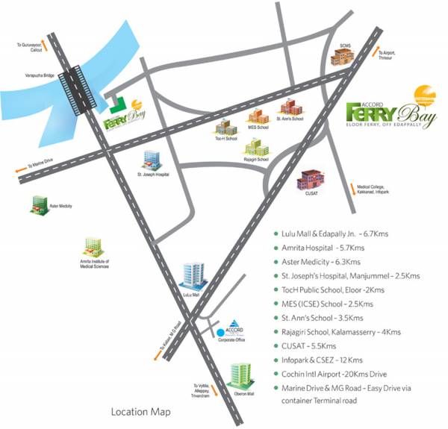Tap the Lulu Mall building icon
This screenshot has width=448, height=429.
[x=193, y=276]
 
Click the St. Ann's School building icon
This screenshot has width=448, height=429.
[x=288, y=108]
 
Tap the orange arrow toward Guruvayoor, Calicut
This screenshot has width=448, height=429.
[x=46, y=44]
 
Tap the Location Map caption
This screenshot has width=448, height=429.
[x=140, y=412]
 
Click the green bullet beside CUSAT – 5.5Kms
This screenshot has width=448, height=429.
[x=276, y=347]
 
